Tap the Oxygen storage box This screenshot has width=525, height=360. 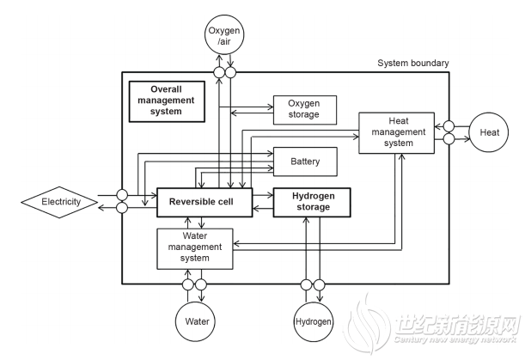[304, 108]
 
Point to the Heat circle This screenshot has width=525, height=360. [489, 132]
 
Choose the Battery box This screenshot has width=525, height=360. [304, 161]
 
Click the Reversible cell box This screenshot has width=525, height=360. [205, 203]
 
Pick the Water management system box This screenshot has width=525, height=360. [195, 248]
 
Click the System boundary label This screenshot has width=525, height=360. [412, 63]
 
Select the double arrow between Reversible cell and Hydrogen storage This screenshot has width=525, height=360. [263, 203]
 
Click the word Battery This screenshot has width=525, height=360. [304, 161]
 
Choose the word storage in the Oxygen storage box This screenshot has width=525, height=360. [304, 114]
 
